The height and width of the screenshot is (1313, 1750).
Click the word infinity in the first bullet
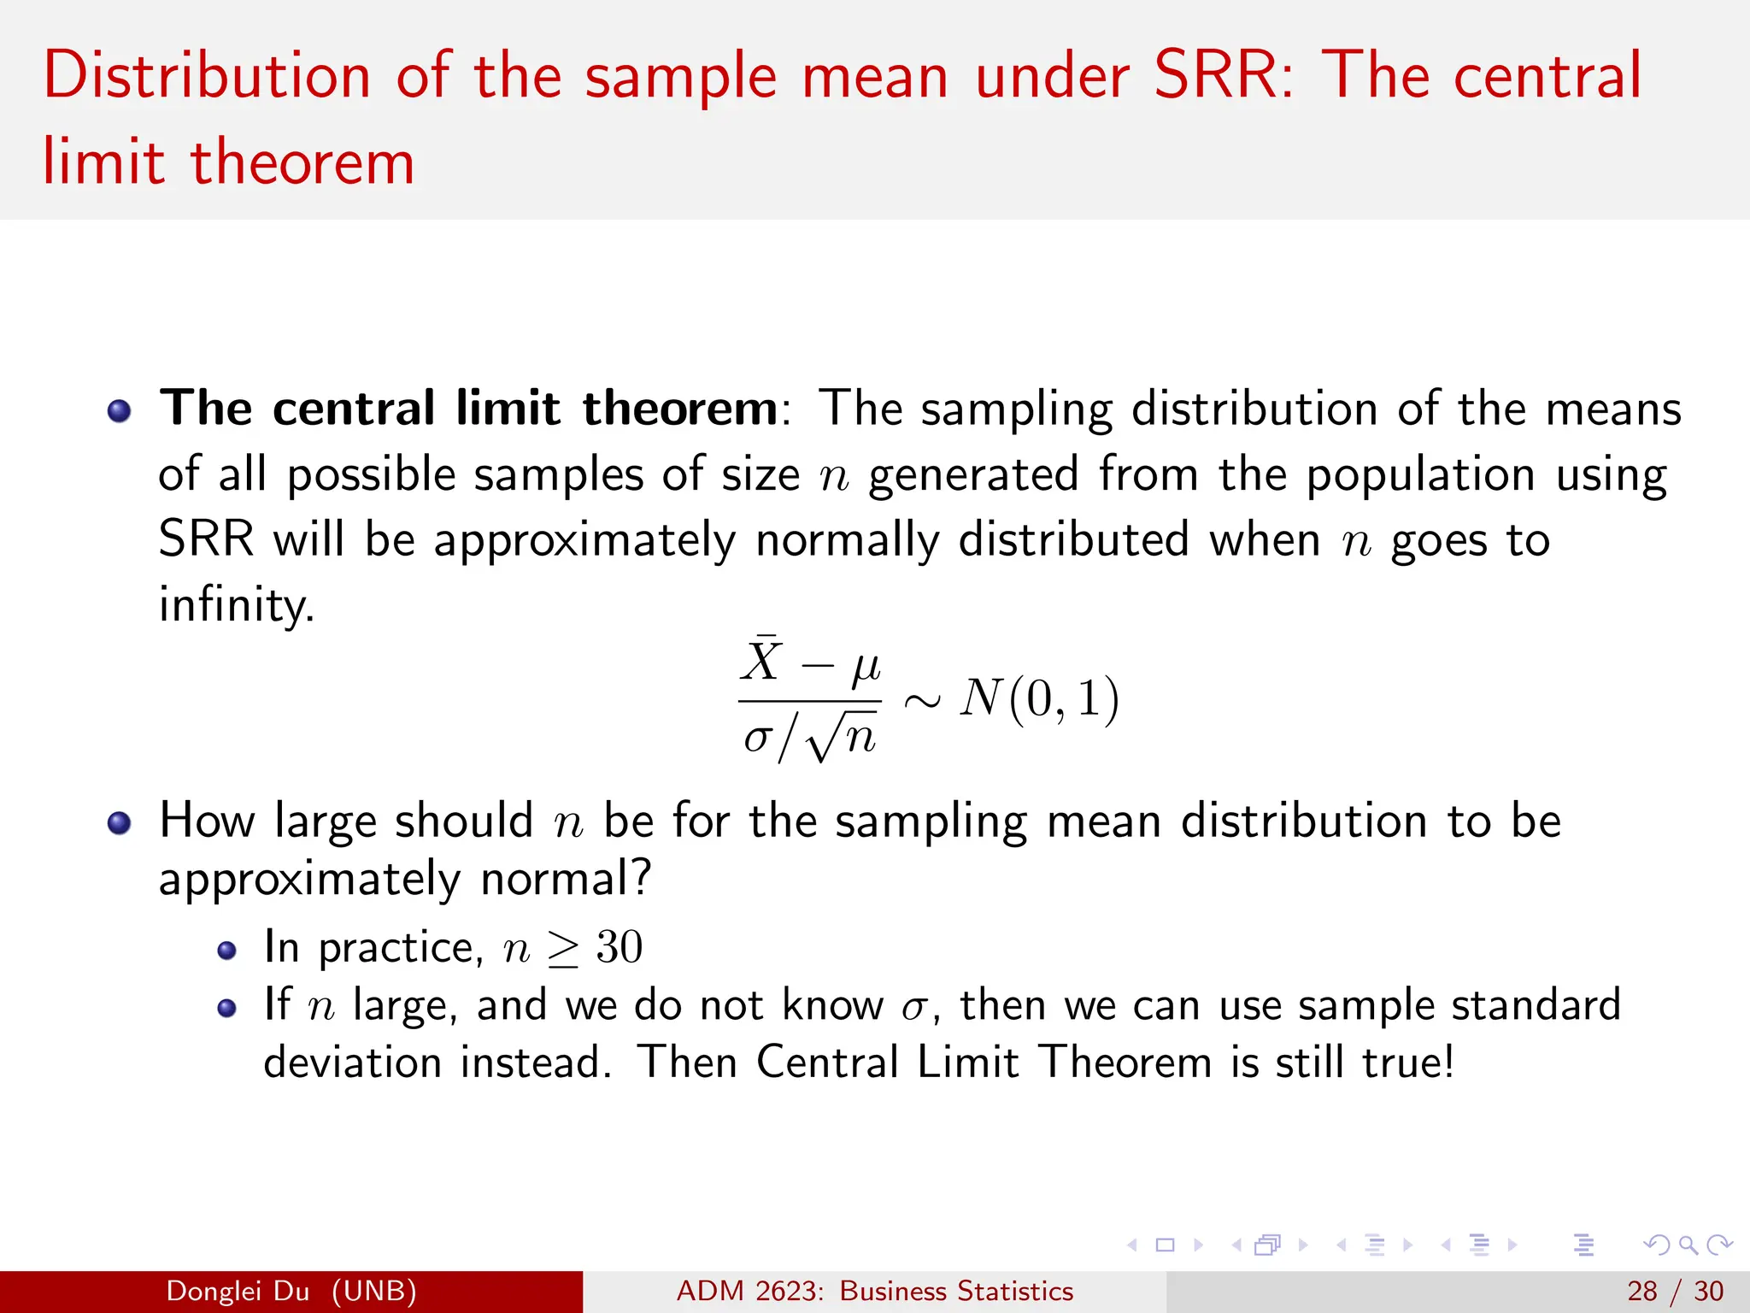coord(236,605)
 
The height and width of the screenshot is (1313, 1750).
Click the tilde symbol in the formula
coord(922,701)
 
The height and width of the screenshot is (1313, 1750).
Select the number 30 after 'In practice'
coord(619,947)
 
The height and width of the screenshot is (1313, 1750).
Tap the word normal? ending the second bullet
coord(566,879)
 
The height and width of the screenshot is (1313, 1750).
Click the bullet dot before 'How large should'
coord(119,823)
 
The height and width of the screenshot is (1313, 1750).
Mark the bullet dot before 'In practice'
coord(226,951)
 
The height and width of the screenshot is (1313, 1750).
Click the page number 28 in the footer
coord(1641,1291)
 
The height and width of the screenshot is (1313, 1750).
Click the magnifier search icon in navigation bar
coord(1688,1245)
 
